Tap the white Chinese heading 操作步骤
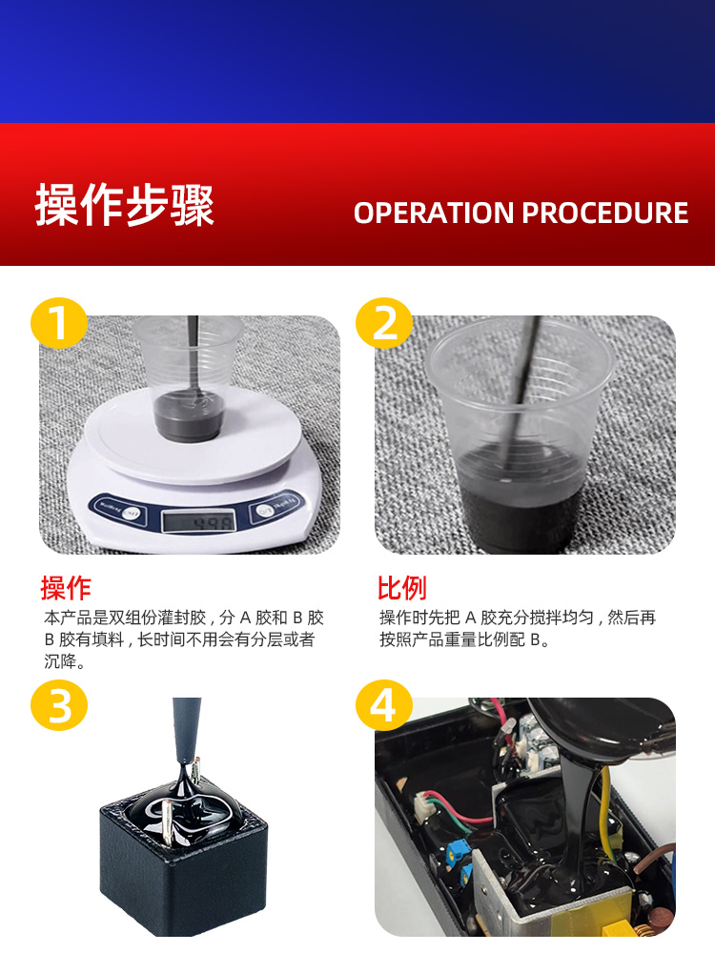[125, 206]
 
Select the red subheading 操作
[66, 587]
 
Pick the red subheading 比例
[401, 587]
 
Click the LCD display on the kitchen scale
[195, 520]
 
